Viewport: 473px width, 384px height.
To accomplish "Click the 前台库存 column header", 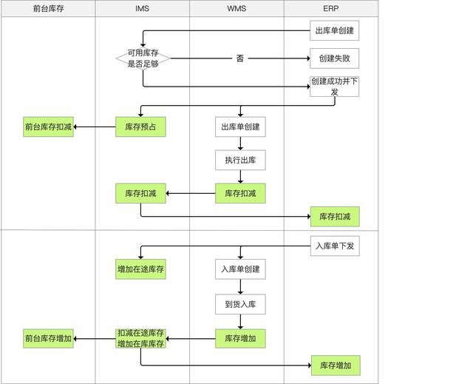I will tap(48, 8).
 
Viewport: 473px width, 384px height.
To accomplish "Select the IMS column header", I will tap(142, 8).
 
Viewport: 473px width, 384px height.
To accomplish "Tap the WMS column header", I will tap(236, 8).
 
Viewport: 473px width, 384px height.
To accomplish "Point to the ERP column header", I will tap(331, 8).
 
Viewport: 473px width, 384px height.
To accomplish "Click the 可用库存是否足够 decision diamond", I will tap(143, 58).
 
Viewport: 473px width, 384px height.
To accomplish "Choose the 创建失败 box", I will tap(334, 58).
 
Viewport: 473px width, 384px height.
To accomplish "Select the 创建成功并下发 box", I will tap(334, 87).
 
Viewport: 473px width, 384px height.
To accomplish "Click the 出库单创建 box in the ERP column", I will tap(334, 31).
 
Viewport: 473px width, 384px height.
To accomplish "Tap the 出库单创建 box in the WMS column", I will tap(240, 127).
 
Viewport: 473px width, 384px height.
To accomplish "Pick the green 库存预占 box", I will tap(140, 127).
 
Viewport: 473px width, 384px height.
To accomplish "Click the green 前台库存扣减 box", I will tap(48, 127).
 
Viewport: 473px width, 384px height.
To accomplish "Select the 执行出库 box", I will tap(240, 160).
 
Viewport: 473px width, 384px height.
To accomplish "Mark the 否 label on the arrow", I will tap(240, 58).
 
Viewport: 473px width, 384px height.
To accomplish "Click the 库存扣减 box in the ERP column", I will tap(334, 217).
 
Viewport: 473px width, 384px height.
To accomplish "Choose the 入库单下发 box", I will tap(334, 246).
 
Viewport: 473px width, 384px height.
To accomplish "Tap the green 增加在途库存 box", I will tap(140, 269).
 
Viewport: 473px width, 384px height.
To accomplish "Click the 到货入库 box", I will tap(240, 303).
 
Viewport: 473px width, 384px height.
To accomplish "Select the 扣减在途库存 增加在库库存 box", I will tap(140, 338).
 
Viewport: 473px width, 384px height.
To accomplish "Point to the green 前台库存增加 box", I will tap(48, 338).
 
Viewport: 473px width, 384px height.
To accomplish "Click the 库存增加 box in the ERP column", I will tap(334, 365).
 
